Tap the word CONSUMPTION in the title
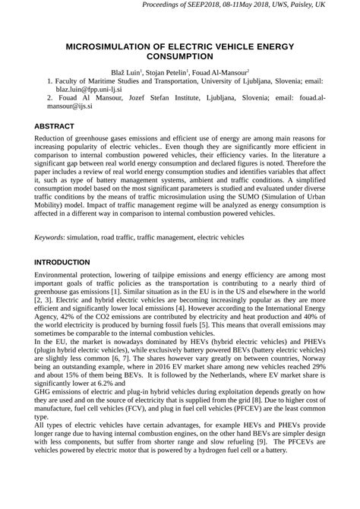tap(180, 57)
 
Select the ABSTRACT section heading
tap(55, 126)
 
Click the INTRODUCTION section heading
tap(62, 262)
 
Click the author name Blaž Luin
tap(128, 71)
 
